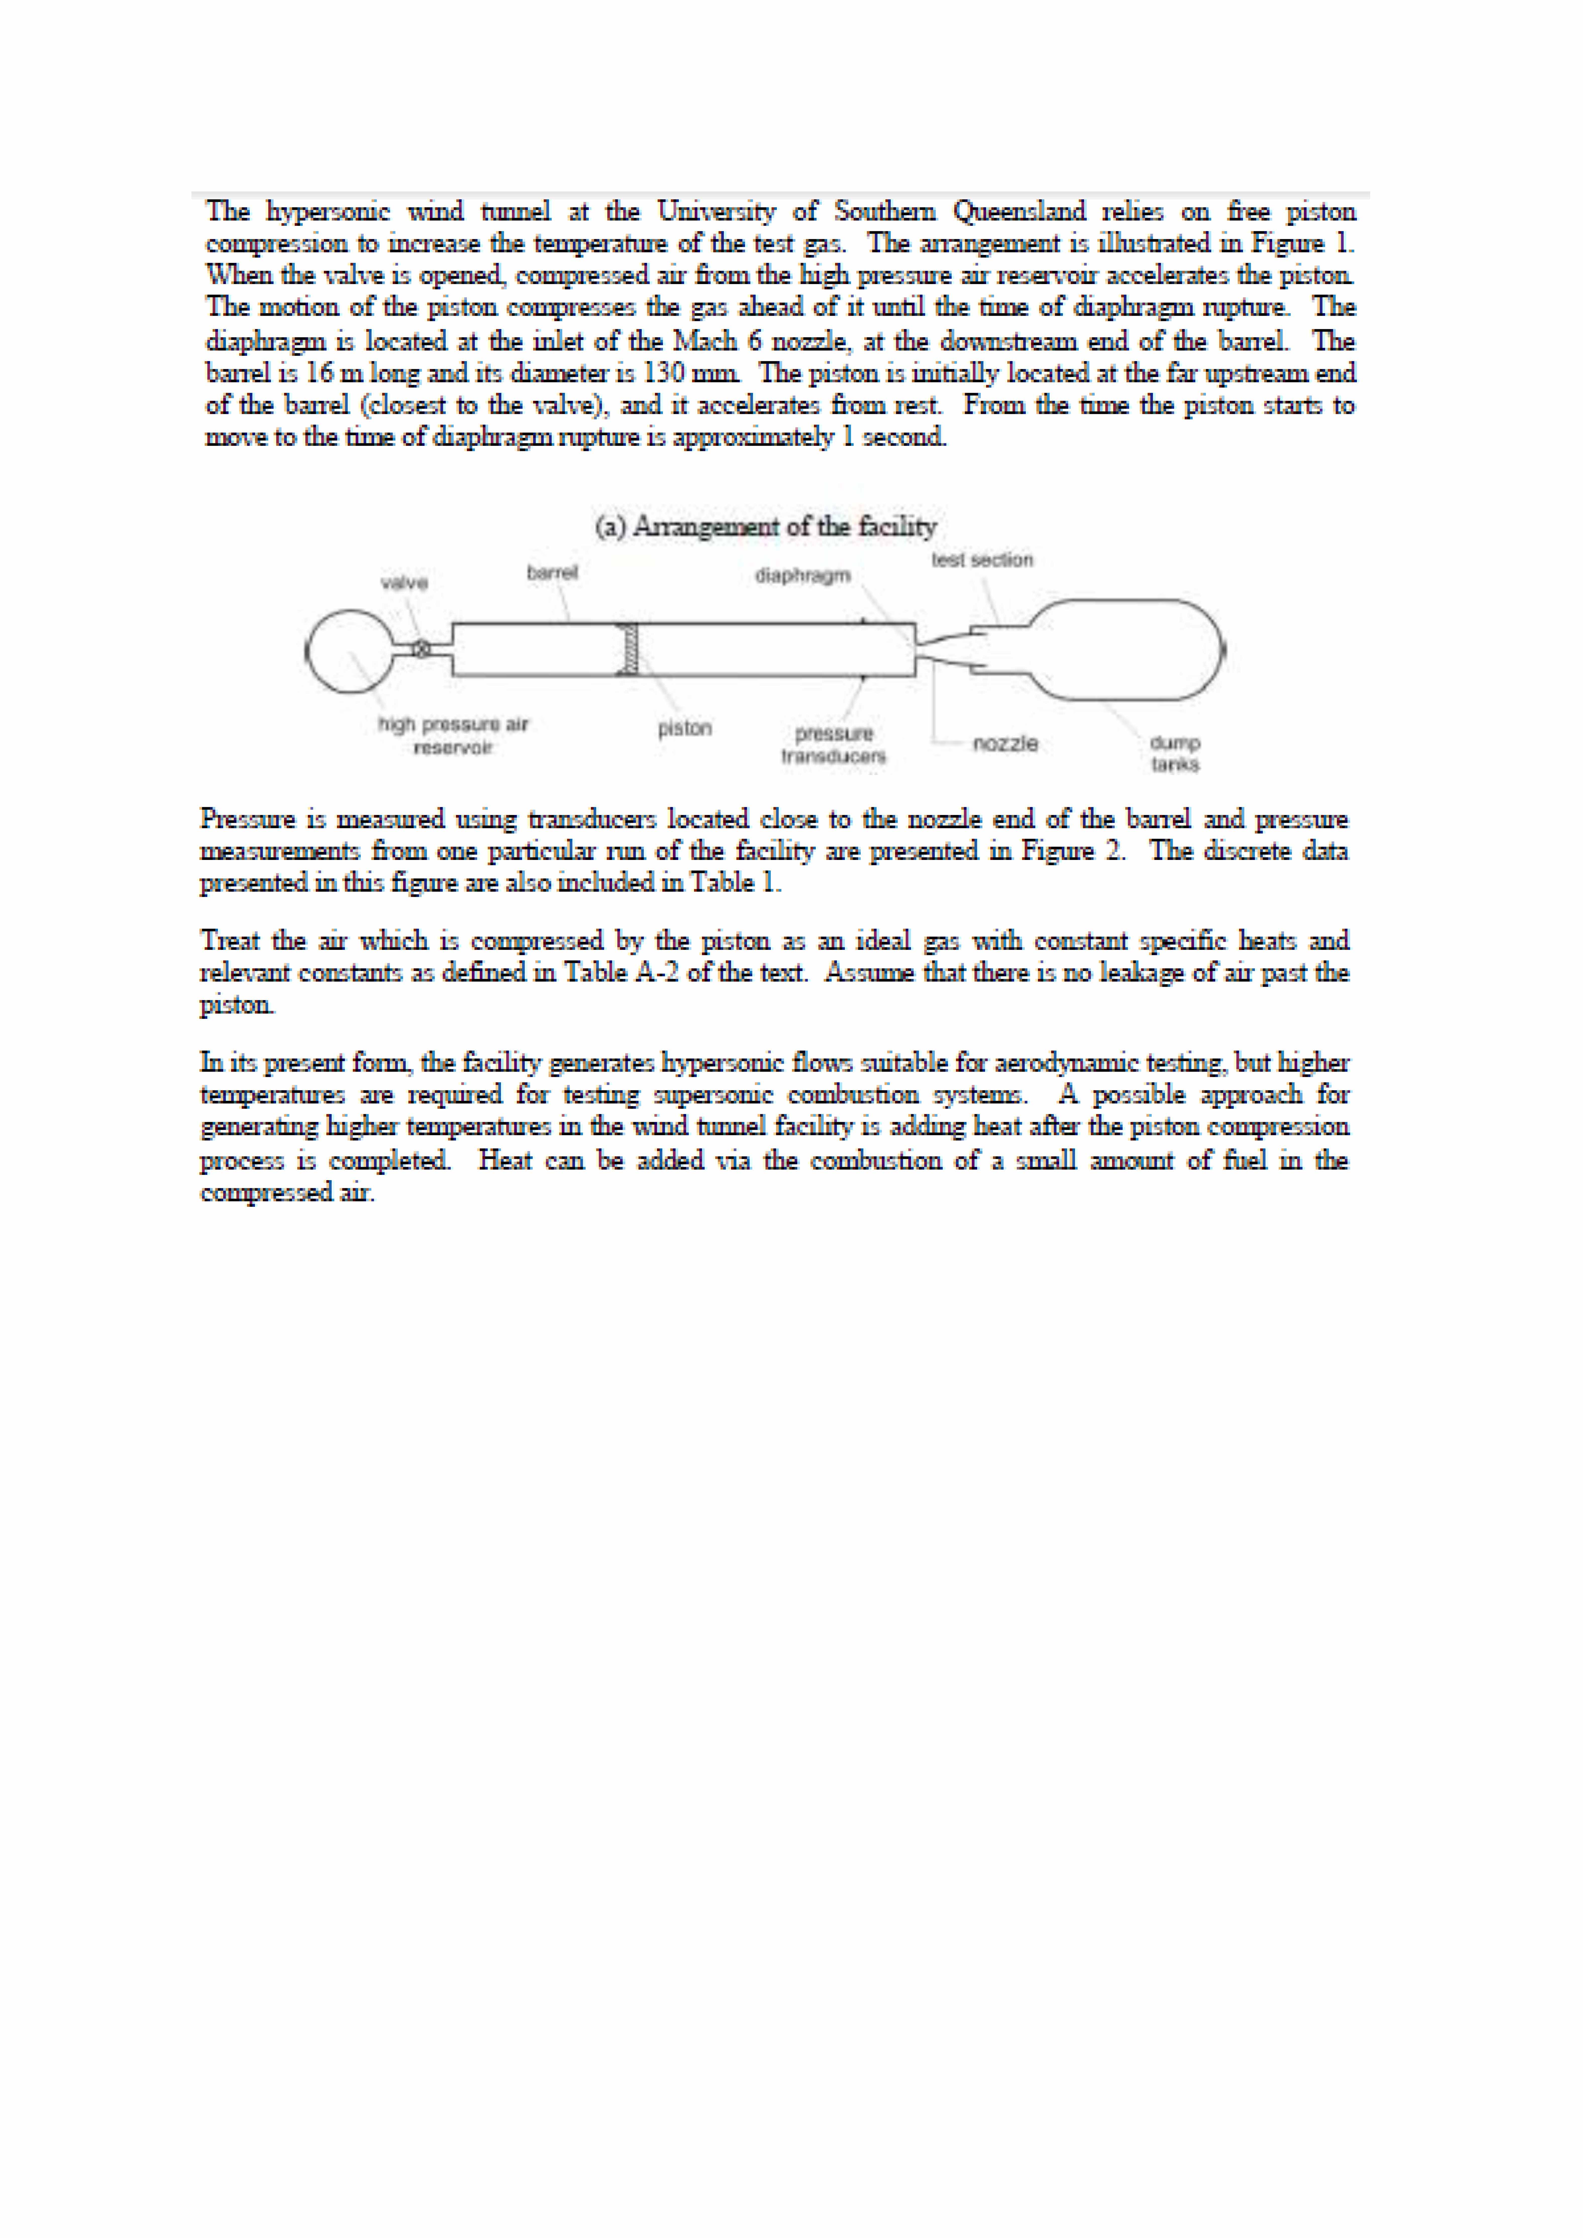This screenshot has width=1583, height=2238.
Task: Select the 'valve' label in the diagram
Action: point(403,583)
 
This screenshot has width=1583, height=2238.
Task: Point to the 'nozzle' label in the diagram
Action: point(1005,744)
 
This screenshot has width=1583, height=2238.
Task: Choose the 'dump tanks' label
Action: point(1175,753)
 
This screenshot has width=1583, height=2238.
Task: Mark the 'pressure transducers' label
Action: point(833,745)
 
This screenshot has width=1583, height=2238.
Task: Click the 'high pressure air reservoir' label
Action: point(453,736)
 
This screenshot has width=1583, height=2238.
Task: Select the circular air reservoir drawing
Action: point(348,651)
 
